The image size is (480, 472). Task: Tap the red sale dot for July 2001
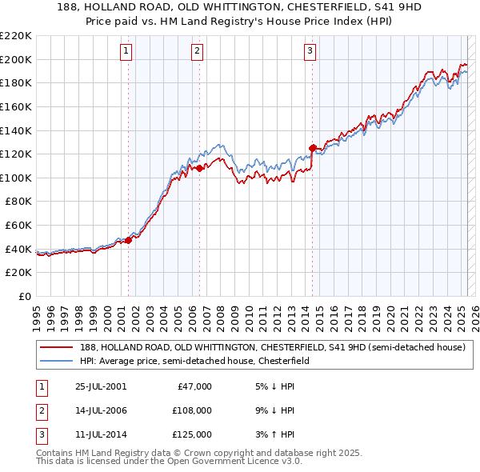pyautogui.click(x=128, y=241)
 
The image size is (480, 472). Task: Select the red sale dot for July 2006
pyautogui.click(x=199, y=168)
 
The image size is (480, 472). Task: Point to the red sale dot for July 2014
pyautogui.click(x=312, y=148)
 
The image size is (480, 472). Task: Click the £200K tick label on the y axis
pyautogui.click(x=16, y=59)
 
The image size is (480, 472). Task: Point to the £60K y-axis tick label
pyautogui.click(x=18, y=226)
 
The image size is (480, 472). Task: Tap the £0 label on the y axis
pyautogui.click(x=24, y=297)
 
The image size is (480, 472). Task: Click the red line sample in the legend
pyautogui.click(x=56, y=348)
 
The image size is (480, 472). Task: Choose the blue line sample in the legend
pyautogui.click(x=56, y=361)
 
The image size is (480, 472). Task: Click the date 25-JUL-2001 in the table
pyautogui.click(x=100, y=386)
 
